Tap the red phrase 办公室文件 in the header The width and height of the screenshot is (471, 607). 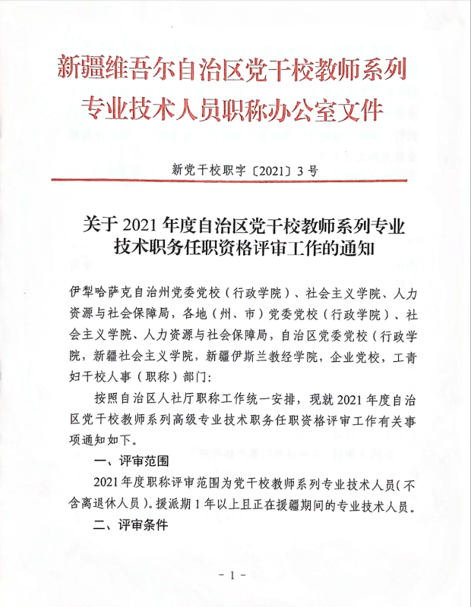click(331, 111)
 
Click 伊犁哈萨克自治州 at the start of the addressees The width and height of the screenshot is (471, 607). click(116, 292)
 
